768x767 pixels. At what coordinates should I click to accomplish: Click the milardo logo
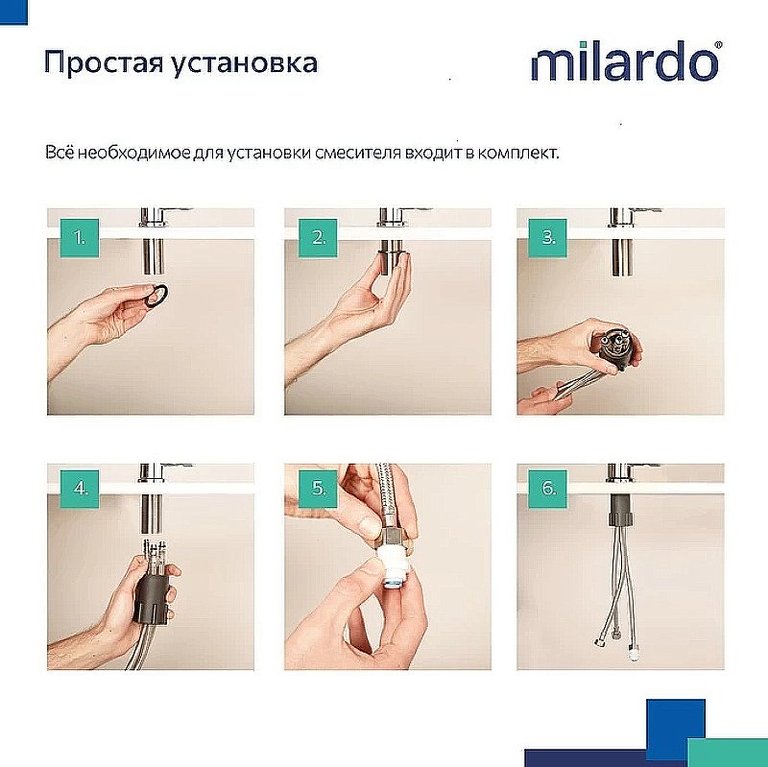623,63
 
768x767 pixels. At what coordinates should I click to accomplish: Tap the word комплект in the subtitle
517,154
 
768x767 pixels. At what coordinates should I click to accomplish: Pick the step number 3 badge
549,236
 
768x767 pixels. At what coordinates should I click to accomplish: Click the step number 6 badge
549,488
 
